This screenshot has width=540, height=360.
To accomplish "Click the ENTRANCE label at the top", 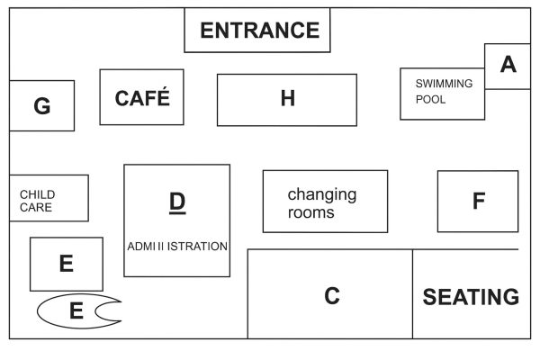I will (259, 31).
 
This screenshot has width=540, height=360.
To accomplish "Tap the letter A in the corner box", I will (508, 65).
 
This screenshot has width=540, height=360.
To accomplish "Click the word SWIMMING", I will (444, 84).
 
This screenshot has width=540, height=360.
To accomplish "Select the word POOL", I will (430, 100).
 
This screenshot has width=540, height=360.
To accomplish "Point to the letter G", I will (41, 106).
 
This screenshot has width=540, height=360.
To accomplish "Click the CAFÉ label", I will (142, 98).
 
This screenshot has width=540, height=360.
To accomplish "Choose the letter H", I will (287, 99).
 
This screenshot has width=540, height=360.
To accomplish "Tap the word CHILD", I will (37, 193).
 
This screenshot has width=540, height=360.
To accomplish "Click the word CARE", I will (36, 208).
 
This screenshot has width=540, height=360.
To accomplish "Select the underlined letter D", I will (176, 201).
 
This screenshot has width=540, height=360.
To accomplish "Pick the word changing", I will (322, 194).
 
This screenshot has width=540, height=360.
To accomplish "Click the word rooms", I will (310, 213).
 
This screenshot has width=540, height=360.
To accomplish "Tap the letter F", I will (478, 202).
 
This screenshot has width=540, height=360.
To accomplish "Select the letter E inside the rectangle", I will (66, 264).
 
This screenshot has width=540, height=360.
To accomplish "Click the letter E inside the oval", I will (76, 311).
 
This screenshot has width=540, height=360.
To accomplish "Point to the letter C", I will (331, 295).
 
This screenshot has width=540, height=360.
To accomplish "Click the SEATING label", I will (471, 297).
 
